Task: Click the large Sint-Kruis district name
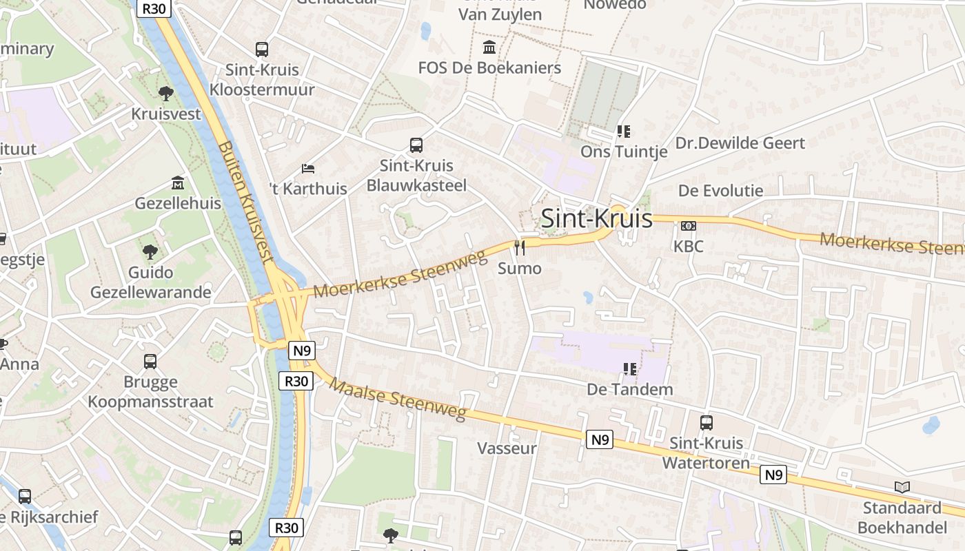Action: [x=596, y=218]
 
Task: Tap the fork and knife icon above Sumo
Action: [x=520, y=247]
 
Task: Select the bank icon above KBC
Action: [x=688, y=226]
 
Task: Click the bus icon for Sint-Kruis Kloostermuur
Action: [x=262, y=50]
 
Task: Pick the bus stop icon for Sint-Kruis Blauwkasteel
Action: [x=416, y=145]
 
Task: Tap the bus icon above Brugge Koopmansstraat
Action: [x=150, y=362]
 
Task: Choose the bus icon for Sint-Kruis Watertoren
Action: [x=707, y=423]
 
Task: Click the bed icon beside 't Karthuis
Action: [x=308, y=169]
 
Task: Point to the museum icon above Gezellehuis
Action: [x=178, y=183]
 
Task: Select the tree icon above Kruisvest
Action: [x=165, y=93]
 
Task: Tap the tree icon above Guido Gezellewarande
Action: [x=150, y=252]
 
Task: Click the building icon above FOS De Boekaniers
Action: [x=489, y=48]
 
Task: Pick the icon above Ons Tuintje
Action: [x=624, y=131]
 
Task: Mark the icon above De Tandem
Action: [x=629, y=369]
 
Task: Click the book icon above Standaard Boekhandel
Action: [x=902, y=488]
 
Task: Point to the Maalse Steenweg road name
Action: [x=398, y=397]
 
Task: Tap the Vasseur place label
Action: [x=507, y=448]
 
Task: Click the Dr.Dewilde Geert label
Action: [x=740, y=143]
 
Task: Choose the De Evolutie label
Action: [x=721, y=191]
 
